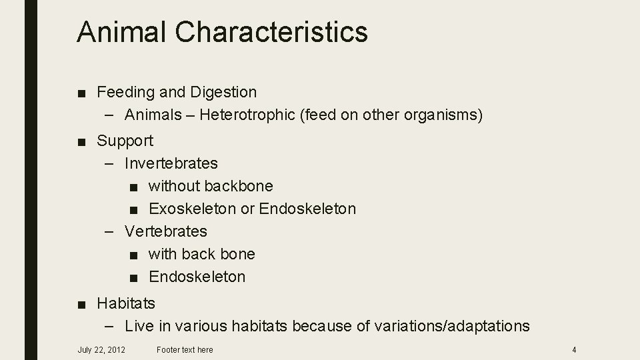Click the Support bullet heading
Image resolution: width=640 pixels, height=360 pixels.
point(125,141)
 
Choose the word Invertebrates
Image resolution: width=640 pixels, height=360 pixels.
point(171,163)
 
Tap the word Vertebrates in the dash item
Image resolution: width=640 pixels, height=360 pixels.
point(166,231)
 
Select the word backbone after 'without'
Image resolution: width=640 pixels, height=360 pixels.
point(238,186)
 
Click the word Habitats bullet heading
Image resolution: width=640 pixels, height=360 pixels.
point(126,303)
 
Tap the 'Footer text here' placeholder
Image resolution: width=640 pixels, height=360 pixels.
point(185,349)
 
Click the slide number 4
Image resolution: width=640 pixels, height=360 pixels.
point(574,349)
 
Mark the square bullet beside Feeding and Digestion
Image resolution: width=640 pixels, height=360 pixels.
point(81,92)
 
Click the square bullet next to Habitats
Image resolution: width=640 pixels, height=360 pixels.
point(81,304)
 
